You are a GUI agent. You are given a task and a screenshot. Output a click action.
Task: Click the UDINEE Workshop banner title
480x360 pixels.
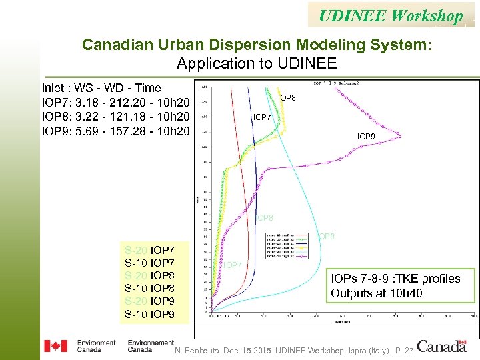pyautogui.click(x=390, y=15)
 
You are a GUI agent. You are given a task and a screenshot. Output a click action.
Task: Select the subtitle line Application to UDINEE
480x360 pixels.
pyautogui.click(x=257, y=64)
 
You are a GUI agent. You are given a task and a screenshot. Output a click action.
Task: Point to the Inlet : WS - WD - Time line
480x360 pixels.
pyautogui.click(x=101, y=88)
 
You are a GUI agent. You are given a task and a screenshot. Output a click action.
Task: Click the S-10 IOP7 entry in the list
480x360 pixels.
pyautogui.click(x=151, y=263)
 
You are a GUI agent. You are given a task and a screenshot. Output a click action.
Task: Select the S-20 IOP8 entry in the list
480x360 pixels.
pyautogui.click(x=151, y=276)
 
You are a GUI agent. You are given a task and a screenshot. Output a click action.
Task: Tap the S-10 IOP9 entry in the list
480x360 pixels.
pyautogui.click(x=151, y=313)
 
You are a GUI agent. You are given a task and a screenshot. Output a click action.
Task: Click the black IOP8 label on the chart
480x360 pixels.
pyautogui.click(x=287, y=98)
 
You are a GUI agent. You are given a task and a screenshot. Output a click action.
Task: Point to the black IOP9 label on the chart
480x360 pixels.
pyautogui.click(x=366, y=137)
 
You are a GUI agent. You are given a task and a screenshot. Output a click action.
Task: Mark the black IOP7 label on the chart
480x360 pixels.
pyautogui.click(x=262, y=117)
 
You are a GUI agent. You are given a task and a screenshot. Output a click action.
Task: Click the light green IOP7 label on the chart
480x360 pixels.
pyautogui.click(x=233, y=265)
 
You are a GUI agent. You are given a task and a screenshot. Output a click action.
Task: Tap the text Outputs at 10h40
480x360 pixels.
pyautogui.click(x=377, y=293)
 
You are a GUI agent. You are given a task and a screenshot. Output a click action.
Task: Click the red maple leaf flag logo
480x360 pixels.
pyautogui.click(x=55, y=345)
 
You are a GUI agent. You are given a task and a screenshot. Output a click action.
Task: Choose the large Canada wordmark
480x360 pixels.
pyautogui.click(x=442, y=345)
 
